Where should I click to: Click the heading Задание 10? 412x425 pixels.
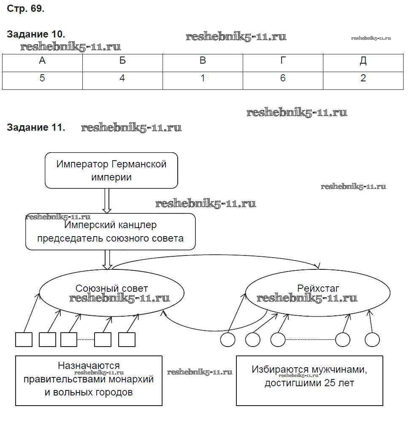pyautogui.click(x=36, y=35)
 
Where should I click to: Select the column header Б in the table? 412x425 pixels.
pyautogui.click(x=122, y=61)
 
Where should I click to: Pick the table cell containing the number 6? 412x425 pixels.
pyautogui.click(x=283, y=78)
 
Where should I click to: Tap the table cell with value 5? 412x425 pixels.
pyautogui.click(x=42, y=78)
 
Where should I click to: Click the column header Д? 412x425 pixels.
pyautogui.click(x=363, y=61)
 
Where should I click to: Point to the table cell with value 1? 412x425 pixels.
pyautogui.click(x=203, y=78)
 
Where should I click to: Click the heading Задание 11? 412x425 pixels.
pyautogui.click(x=36, y=127)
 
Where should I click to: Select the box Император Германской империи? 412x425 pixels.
pyautogui.click(x=111, y=170)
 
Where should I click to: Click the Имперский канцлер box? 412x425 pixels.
pyautogui.click(x=111, y=231)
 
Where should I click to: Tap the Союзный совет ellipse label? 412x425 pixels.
pyautogui.click(x=112, y=288)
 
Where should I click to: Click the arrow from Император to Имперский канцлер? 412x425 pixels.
pyautogui.click(x=107, y=201)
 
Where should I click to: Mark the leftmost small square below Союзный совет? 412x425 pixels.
pyautogui.click(x=24, y=339)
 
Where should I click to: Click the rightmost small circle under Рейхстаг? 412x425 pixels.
pyautogui.click(x=372, y=339)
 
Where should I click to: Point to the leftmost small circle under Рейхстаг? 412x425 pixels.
pyautogui.click(x=228, y=339)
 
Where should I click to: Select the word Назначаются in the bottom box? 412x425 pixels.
pyautogui.click(x=89, y=366)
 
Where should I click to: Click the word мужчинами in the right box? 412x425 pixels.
pyautogui.click(x=337, y=370)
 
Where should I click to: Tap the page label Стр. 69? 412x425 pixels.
pyautogui.click(x=26, y=9)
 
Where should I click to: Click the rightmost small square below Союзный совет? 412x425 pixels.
pyautogui.click(x=127, y=339)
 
